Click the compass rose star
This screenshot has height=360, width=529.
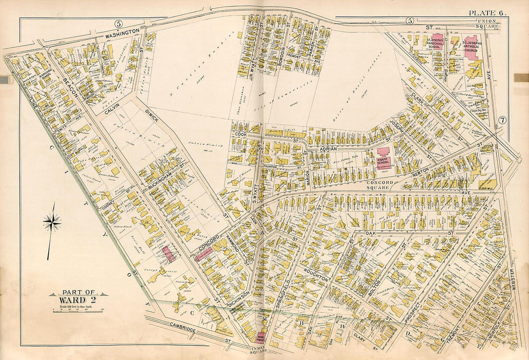point(52,222)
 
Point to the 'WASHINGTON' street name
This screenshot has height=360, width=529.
point(123,33)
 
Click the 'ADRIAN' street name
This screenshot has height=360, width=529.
point(328,150)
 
